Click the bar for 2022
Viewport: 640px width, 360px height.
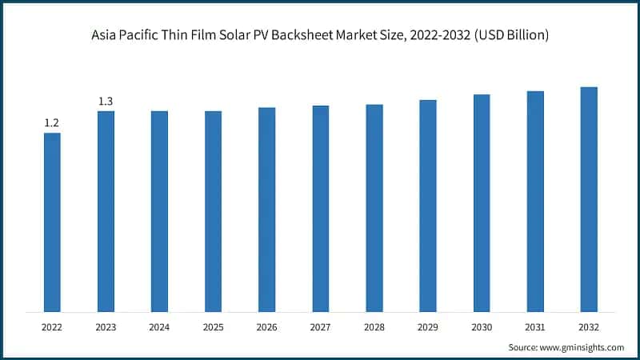[52, 222]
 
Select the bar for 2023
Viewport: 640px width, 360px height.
[106, 211]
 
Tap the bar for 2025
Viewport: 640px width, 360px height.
[213, 211]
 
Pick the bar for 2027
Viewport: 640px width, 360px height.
[320, 208]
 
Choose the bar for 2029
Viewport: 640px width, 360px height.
[427, 206]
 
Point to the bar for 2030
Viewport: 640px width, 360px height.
[481, 202]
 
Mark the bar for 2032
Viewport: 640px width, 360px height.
[588, 198]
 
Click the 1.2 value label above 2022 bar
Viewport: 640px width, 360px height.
[52, 123]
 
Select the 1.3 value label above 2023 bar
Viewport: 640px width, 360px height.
[106, 101]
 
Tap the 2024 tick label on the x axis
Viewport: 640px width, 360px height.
[159, 326]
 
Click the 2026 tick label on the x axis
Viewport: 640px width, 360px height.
[266, 326]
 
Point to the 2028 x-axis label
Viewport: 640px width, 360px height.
[374, 326]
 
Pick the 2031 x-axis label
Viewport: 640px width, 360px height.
[534, 326]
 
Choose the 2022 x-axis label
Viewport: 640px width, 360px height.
[52, 326]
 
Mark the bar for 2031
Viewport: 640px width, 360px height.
[534, 201]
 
